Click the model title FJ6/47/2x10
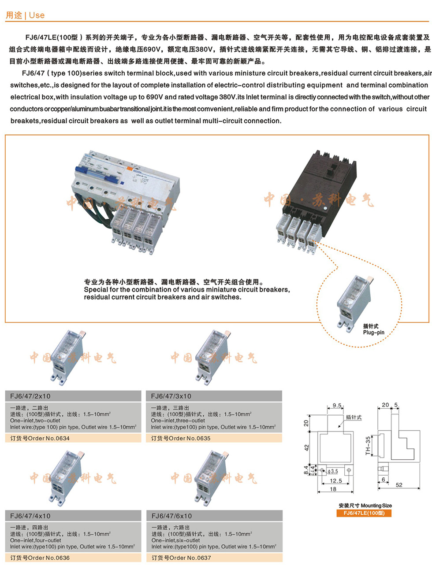coord(30,396)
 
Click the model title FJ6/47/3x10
coord(171,396)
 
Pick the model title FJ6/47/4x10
coord(30,516)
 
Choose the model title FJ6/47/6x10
coord(171,516)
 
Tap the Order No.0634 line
coord(40,438)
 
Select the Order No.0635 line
coord(181,438)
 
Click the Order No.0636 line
coord(40,558)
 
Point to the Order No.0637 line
coord(181,558)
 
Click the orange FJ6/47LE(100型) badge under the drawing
coord(364,513)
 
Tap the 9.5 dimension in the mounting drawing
coord(337,406)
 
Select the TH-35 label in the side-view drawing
coord(368,446)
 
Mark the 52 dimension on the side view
coord(399,485)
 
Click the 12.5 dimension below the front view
coord(336,481)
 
